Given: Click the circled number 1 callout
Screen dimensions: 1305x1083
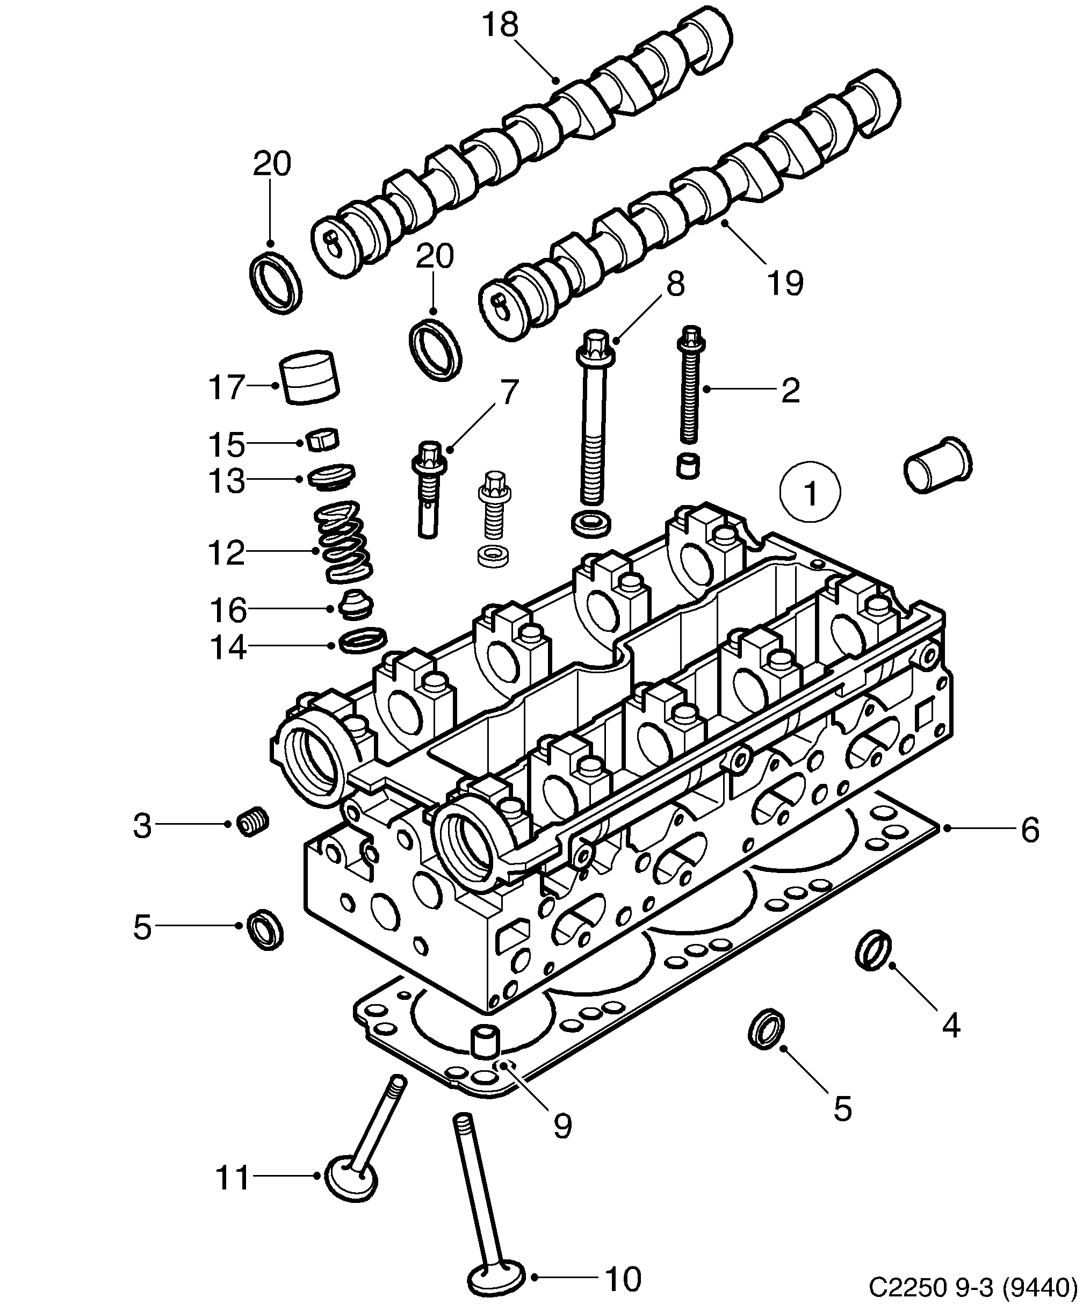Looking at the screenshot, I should tap(810, 492).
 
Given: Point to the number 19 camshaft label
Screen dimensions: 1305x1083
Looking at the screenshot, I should tap(785, 283).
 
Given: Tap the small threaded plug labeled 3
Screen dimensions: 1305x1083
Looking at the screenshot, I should tap(253, 824).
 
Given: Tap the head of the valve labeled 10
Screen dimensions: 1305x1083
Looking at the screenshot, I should tap(496, 1278).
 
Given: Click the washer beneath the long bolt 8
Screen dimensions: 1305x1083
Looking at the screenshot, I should tap(591, 524).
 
